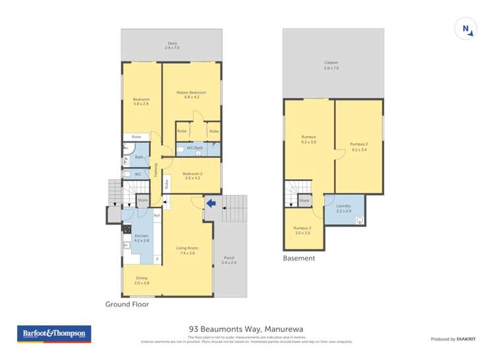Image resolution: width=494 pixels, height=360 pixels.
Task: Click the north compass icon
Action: [466, 29]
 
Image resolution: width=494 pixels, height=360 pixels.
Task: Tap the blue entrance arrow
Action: [210, 205]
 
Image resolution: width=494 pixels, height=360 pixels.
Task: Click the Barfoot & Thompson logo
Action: [54, 334]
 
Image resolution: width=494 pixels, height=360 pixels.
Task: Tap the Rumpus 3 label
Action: [302, 230]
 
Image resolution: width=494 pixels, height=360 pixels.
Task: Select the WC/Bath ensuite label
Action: [194, 149]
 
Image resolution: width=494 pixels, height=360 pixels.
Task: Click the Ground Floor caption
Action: [127, 305]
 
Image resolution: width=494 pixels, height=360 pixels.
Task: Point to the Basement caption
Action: [299, 259]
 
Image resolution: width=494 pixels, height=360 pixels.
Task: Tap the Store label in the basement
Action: [304, 200]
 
